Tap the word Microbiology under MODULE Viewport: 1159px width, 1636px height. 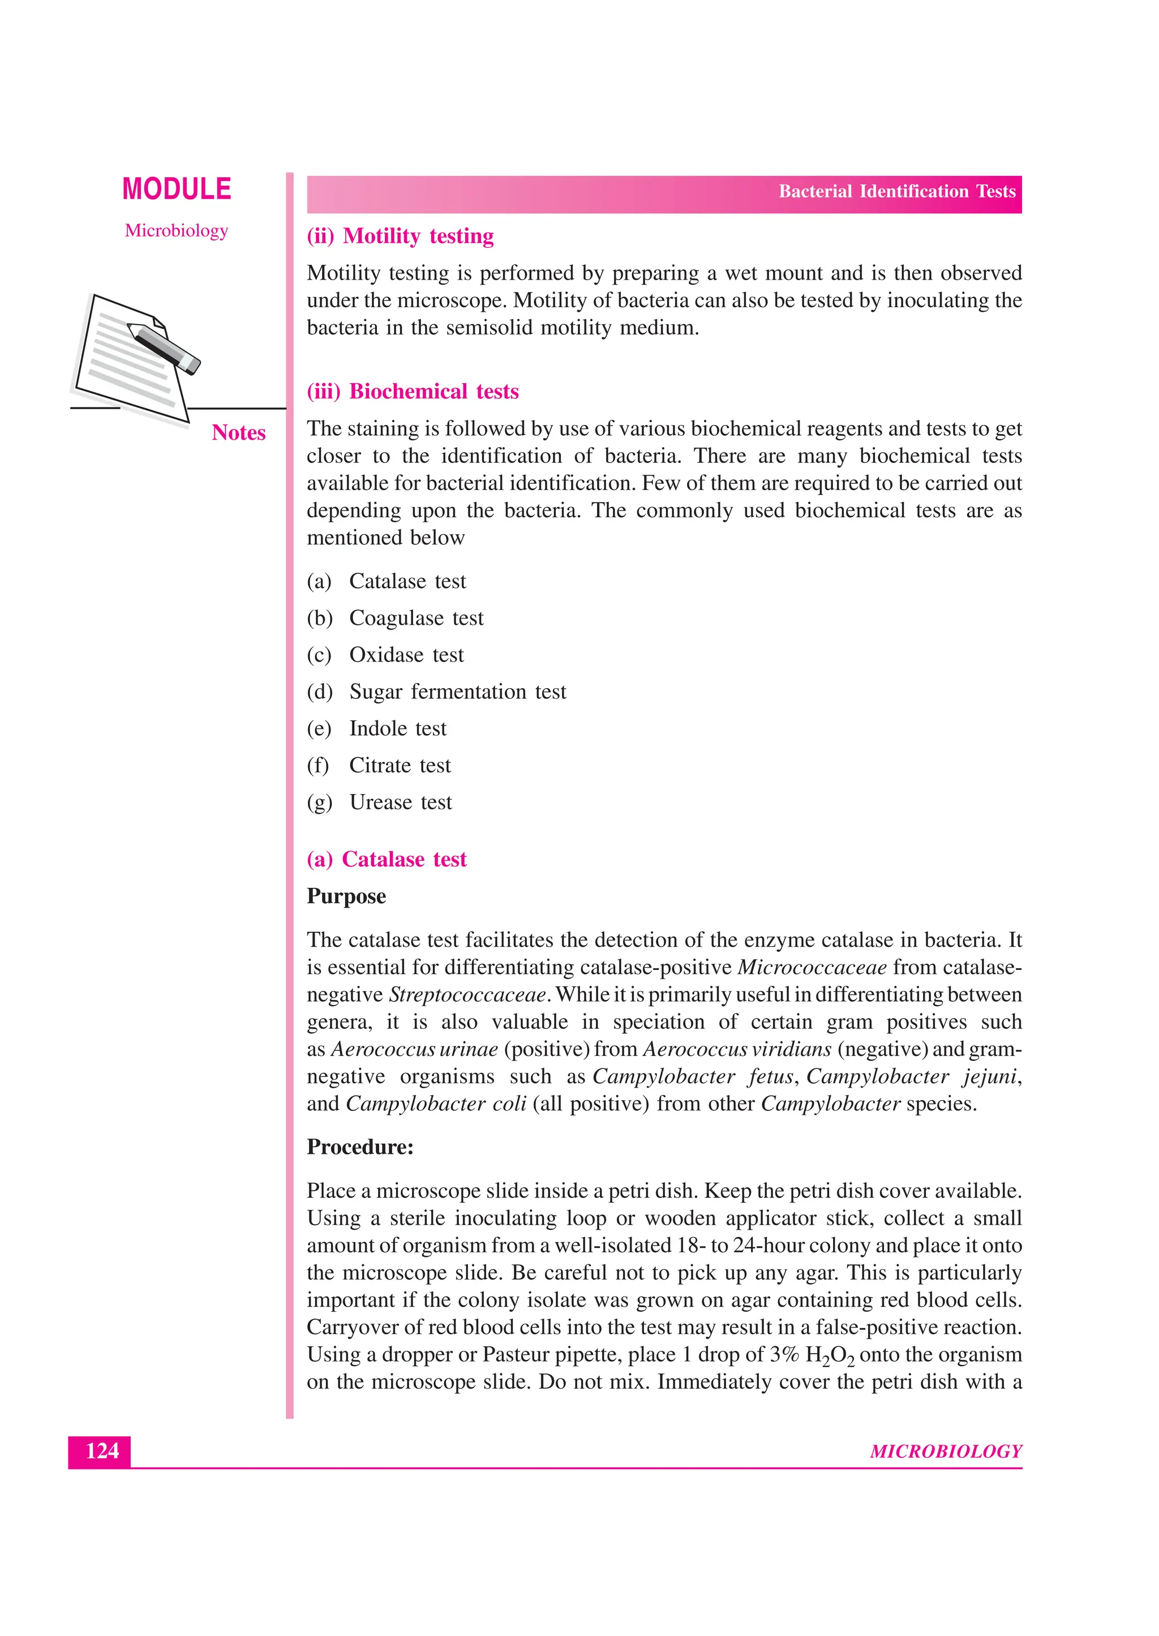tap(176, 230)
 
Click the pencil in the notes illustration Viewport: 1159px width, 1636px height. tap(164, 348)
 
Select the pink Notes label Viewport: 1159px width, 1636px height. tap(238, 433)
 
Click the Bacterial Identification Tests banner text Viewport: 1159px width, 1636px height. tap(896, 192)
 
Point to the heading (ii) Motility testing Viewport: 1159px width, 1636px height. tap(400, 236)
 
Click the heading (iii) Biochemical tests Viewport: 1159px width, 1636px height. tap(413, 392)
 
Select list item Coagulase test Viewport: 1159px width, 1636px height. tap(415, 618)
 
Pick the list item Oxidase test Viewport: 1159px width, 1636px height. tap(406, 655)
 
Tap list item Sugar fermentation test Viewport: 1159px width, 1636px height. tap(457, 692)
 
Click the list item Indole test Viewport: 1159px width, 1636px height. tap(397, 728)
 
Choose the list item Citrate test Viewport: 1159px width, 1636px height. tap(400, 766)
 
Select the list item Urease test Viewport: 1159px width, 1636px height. tap(400, 802)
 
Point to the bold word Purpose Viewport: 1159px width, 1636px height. tap(346, 897)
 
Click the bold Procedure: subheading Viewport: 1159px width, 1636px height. tap(360, 1147)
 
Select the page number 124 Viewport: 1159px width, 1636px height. tap(101, 1451)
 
